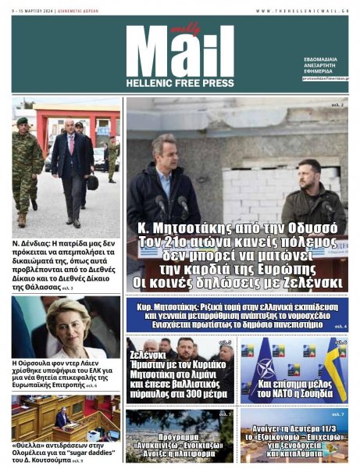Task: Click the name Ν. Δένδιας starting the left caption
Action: coord(30,244)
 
